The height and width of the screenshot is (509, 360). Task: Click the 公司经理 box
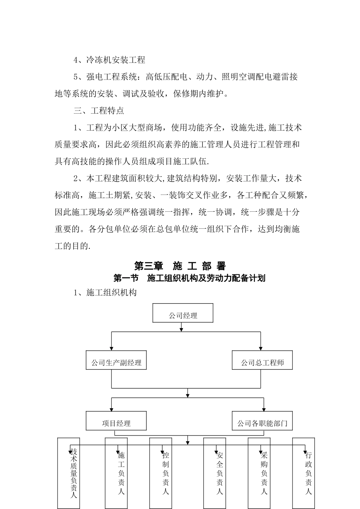(183, 313)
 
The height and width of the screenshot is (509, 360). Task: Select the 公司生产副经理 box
(116, 360)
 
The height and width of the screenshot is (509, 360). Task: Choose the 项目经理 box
(116, 421)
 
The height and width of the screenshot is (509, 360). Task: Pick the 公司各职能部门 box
(262, 421)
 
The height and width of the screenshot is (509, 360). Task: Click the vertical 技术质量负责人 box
(69, 473)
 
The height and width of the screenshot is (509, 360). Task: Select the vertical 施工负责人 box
(116, 473)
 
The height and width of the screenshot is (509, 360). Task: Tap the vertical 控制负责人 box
(161, 473)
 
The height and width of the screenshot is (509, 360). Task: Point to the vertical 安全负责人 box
(215, 473)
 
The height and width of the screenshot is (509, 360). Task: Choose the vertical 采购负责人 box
(260, 473)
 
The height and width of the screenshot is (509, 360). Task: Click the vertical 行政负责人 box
(304, 473)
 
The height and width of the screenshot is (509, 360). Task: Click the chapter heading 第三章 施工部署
(180, 266)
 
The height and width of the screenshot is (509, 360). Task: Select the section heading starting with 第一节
(189, 278)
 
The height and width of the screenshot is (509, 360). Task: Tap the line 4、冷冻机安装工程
(109, 60)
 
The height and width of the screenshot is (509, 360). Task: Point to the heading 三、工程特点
(99, 111)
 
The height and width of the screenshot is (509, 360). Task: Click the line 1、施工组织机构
(105, 292)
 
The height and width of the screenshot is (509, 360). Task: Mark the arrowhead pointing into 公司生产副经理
(111, 348)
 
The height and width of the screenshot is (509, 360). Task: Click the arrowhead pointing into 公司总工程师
(261, 348)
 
